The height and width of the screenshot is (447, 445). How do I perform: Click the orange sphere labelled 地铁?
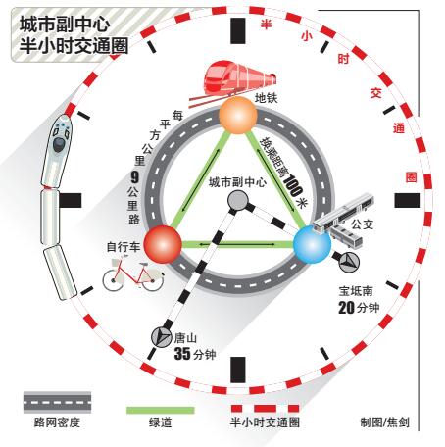pos(238,115)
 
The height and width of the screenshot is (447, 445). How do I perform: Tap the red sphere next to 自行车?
pos(163,244)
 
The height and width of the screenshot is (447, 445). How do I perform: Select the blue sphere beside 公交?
pos(312,244)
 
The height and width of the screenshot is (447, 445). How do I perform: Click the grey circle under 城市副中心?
pos(238,200)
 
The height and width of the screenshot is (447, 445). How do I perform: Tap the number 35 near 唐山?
pos(182,354)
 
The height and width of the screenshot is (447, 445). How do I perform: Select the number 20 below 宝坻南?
pos(346,308)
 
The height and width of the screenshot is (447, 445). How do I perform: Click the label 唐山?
pos(185,338)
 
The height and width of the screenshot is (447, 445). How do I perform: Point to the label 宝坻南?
pos(356,290)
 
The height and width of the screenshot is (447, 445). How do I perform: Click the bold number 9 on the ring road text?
pos(134,177)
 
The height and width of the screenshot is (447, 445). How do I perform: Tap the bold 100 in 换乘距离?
pos(293,184)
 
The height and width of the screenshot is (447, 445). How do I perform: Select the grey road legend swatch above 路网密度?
pos(57,402)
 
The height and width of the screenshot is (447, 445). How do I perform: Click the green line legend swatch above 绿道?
pos(161,410)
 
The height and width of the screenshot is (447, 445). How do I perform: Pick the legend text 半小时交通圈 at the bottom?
pos(265,422)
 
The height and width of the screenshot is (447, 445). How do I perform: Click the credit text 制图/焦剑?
pos(384,422)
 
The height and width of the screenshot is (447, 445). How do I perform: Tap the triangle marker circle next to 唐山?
pos(161,336)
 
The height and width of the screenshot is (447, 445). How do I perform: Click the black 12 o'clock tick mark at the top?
pos(238,30)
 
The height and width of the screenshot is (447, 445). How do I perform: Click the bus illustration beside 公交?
pos(343,219)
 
